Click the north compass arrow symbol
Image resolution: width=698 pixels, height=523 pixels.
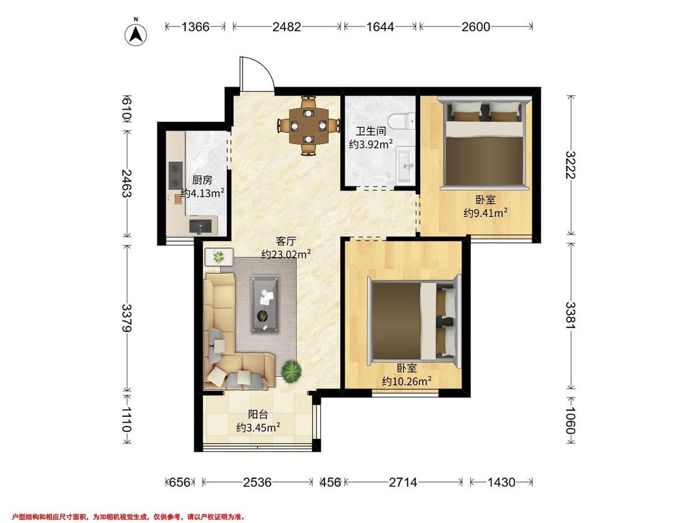[x=136, y=33]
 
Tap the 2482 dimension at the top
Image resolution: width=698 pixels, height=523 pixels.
[x=287, y=27]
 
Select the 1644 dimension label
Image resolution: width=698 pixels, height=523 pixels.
[x=380, y=27]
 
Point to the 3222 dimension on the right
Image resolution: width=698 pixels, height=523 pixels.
[x=570, y=165]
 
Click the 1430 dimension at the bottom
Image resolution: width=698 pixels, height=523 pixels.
[x=501, y=482]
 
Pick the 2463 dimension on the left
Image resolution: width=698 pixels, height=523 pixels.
[x=127, y=183]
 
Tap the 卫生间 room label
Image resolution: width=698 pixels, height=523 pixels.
[x=370, y=131]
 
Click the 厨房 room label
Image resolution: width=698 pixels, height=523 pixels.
[x=202, y=180]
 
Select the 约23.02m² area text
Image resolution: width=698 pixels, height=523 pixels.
[x=286, y=255]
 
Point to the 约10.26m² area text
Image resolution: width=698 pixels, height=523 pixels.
[x=407, y=381]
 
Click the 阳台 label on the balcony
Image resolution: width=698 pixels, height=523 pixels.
[x=257, y=415]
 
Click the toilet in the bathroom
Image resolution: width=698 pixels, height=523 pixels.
[x=401, y=121]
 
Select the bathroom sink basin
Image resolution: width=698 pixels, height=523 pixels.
[x=405, y=165]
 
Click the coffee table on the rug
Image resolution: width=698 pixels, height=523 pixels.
[x=266, y=304]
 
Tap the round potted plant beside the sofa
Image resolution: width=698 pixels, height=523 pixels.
[x=291, y=371]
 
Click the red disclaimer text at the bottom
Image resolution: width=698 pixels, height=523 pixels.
[x=129, y=517]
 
